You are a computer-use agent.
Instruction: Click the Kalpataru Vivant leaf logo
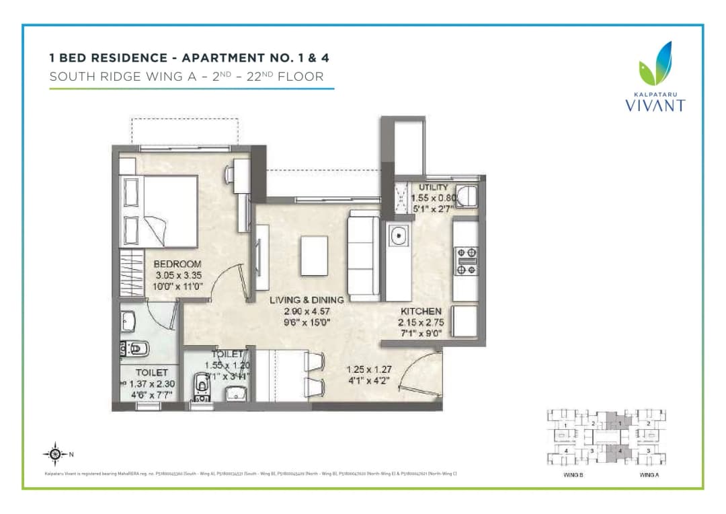pyautogui.click(x=655, y=65)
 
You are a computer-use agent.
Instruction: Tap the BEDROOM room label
pyautogui.click(x=177, y=264)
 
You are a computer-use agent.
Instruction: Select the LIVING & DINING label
pyautogui.click(x=307, y=299)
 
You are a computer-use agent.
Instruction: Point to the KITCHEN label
pyautogui.click(x=421, y=311)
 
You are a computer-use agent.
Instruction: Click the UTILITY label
pyautogui.click(x=433, y=187)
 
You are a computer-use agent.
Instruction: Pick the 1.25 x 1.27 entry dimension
pyautogui.click(x=368, y=369)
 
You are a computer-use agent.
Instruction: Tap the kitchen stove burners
pyautogui.click(x=467, y=260)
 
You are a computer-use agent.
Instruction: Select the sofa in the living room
pyautogui.click(x=363, y=255)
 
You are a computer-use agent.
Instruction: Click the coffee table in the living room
pyautogui.click(x=314, y=255)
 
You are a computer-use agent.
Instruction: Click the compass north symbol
pyautogui.click(x=56, y=454)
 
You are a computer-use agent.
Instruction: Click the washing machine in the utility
pyautogui.click(x=465, y=196)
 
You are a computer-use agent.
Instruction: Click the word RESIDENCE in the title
pyautogui.click(x=130, y=58)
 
